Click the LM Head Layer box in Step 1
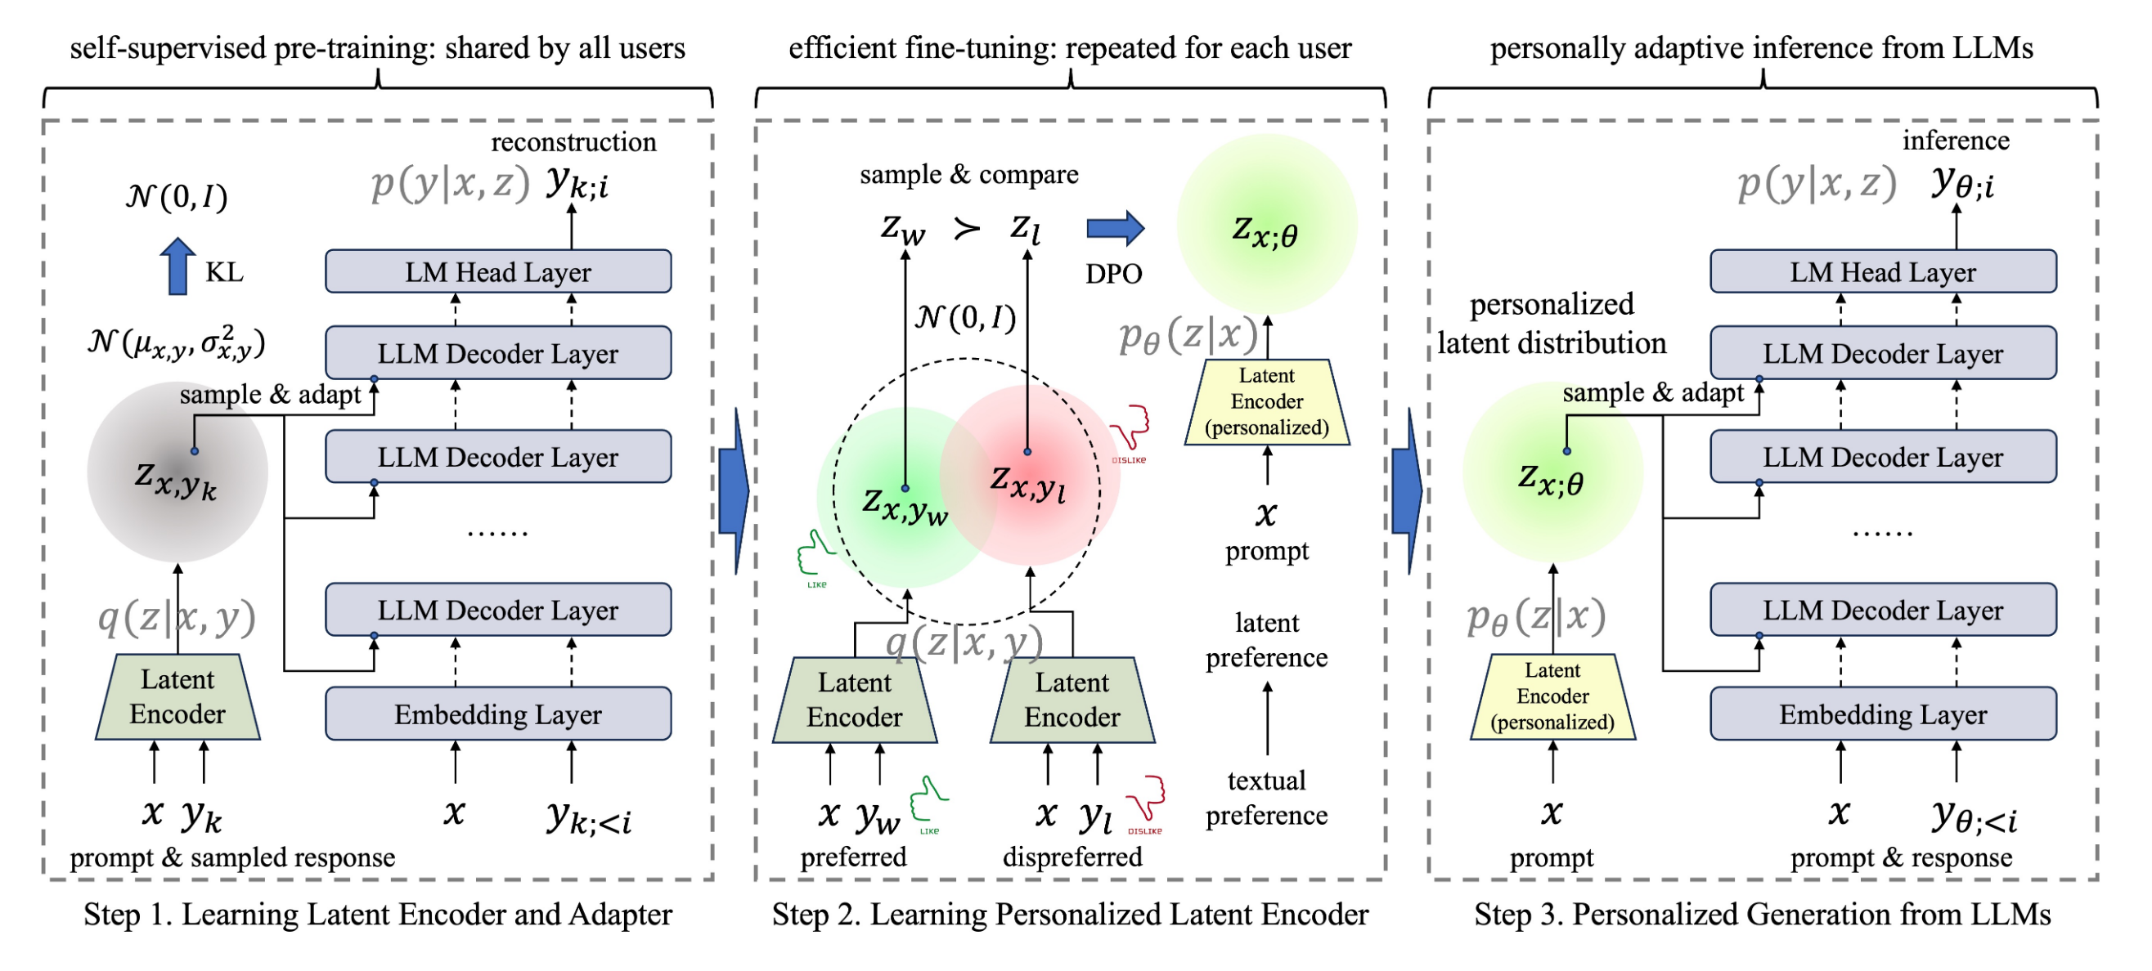[498, 271]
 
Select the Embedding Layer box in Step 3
[1882, 714]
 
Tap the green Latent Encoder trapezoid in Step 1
[177, 697]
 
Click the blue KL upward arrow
[177, 266]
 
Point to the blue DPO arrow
[1114, 228]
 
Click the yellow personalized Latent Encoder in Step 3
[1552, 697]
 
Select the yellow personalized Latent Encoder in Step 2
[1266, 401]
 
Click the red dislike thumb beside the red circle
[1130, 430]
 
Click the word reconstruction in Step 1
[573, 142]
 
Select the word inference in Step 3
[1955, 141]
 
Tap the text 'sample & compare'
[968, 173]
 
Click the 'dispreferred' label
[1072, 857]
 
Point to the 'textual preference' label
[1265, 798]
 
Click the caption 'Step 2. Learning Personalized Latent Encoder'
[1069, 915]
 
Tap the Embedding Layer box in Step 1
[498, 714]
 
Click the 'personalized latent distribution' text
[1552, 324]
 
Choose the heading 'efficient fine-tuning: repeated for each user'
[1069, 48]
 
